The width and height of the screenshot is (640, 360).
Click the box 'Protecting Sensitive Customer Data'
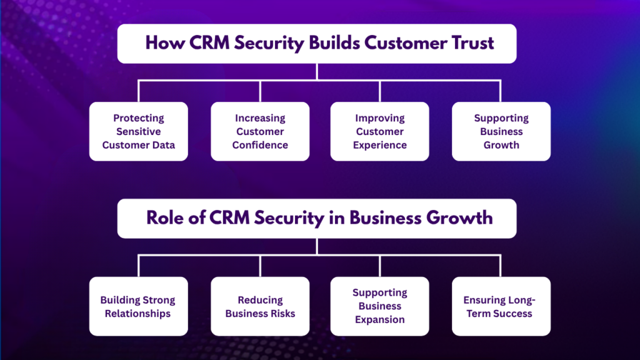(138, 131)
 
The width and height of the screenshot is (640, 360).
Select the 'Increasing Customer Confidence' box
(260, 131)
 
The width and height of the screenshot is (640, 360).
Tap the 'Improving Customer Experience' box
(379, 131)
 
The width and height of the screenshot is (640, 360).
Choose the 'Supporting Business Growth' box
(501, 131)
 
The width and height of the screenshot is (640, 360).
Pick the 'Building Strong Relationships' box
(138, 306)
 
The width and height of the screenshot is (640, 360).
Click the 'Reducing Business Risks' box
(260, 306)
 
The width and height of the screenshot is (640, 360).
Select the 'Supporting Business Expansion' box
(379, 306)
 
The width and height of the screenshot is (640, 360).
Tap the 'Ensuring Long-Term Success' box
(501, 306)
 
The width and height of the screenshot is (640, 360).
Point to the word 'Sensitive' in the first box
(138, 131)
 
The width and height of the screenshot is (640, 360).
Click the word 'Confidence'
(260, 145)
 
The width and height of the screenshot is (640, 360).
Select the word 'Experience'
(379, 145)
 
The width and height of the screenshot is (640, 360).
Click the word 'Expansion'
(379, 319)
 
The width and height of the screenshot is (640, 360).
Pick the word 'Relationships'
(138, 313)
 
